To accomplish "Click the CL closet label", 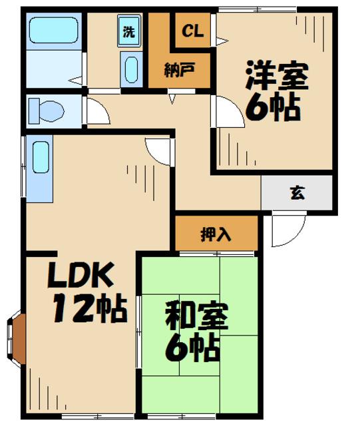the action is (192, 31).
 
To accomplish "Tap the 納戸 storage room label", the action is (179, 70).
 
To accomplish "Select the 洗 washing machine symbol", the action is (129, 31).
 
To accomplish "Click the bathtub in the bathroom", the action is (53, 30).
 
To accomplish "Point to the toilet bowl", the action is (46, 111).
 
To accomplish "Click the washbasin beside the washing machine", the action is (132, 69).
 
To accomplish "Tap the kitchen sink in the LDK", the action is (41, 157).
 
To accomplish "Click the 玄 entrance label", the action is (297, 193).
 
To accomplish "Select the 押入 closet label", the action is (216, 234).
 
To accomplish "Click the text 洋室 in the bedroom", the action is (277, 75).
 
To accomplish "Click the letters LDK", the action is (81, 275).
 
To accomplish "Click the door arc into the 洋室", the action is (236, 108).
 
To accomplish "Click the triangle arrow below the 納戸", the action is (172, 99).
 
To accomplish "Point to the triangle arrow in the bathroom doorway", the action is (75, 81).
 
